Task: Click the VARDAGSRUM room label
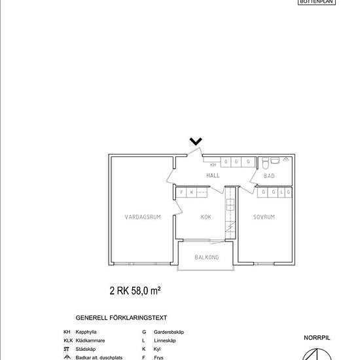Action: [x=143, y=217]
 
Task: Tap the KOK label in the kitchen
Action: [x=206, y=217]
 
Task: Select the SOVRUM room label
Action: [x=264, y=217]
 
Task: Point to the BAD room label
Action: [x=269, y=176]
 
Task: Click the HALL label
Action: [x=213, y=176]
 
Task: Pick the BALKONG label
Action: [x=207, y=257]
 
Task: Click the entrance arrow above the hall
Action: [x=195, y=141]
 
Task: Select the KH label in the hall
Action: [x=213, y=166]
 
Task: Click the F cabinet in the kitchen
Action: [x=183, y=192]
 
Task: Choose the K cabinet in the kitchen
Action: [x=192, y=192]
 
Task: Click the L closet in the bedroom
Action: [x=281, y=192]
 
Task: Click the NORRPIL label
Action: [x=316, y=338]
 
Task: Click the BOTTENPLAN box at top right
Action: [x=316, y=2]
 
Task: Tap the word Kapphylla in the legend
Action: [x=87, y=333]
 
